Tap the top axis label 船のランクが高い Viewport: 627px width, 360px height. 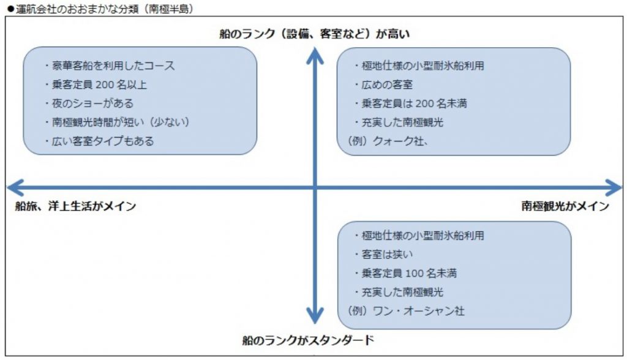click(315, 34)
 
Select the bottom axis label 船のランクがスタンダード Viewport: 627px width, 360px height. click(309, 340)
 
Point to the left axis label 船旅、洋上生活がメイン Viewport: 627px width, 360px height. click(75, 206)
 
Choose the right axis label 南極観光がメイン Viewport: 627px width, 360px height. click(565, 206)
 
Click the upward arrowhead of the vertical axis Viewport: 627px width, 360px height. click(315, 55)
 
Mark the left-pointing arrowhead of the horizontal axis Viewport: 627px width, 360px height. click(16, 187)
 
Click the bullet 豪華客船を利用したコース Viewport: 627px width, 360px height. click(110, 66)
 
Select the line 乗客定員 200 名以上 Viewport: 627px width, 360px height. click(96, 84)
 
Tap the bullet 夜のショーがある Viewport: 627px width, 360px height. click(89, 103)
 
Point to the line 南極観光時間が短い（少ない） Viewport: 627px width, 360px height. click(117, 122)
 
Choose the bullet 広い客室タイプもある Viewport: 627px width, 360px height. click(99, 141)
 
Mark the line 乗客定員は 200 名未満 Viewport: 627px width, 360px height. click(410, 103)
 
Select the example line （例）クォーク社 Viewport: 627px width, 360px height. click(388, 141)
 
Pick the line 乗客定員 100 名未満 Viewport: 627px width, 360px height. click(405, 273)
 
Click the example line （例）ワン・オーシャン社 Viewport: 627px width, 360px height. click(406, 311)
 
